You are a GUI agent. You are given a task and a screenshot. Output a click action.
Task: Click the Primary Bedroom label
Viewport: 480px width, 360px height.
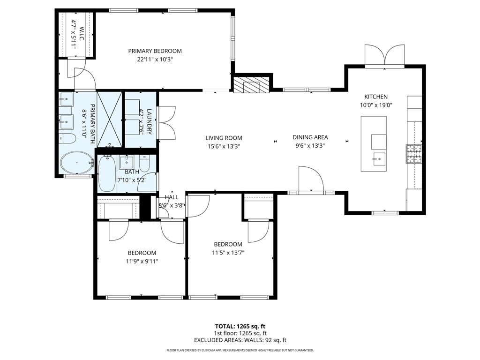click(155, 51)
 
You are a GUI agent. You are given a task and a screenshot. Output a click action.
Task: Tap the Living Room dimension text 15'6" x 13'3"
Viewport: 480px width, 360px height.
click(224, 146)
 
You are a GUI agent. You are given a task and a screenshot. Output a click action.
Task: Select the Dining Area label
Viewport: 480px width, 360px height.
click(310, 137)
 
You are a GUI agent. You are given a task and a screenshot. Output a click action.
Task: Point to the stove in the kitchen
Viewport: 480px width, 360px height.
click(414, 154)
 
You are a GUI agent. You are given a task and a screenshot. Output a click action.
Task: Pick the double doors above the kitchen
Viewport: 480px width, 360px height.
click(384, 56)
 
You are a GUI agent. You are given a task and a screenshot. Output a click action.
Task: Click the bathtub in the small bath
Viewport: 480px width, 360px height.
click(106, 173)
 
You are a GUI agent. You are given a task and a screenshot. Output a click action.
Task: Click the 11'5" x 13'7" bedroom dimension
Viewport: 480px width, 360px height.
click(228, 252)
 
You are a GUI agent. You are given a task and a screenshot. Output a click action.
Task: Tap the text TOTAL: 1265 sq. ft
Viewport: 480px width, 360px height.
click(240, 326)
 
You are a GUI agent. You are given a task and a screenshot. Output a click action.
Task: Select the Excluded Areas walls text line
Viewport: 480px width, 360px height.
click(240, 340)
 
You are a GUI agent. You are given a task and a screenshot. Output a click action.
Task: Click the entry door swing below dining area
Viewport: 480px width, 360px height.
click(310, 180)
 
